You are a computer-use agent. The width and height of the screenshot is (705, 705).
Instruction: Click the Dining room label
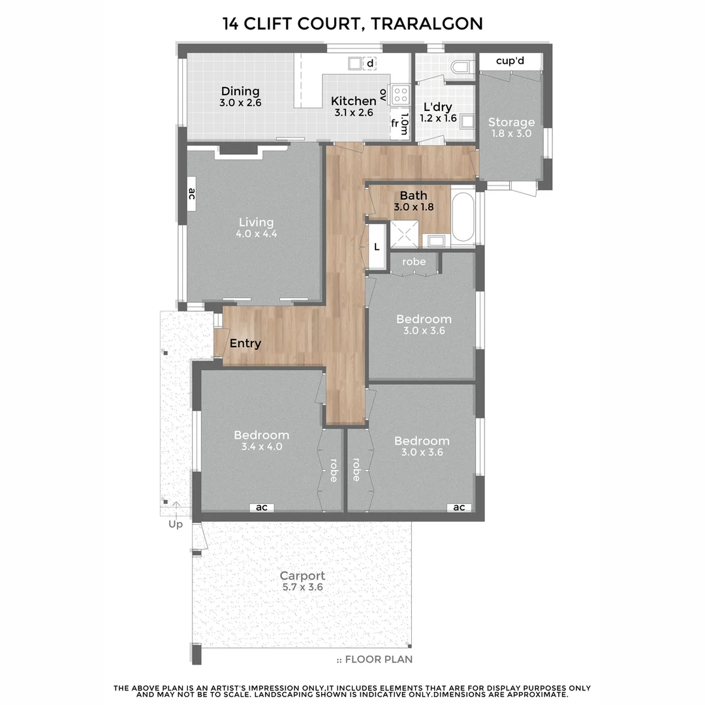pyautogui.click(x=240, y=91)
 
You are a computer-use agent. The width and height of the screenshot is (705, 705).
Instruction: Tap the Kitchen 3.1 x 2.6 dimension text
pyautogui.click(x=353, y=112)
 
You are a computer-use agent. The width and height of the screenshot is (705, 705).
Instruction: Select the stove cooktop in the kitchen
pyautogui.click(x=399, y=95)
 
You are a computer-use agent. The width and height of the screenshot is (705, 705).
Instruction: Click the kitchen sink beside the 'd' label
pyautogui.click(x=354, y=63)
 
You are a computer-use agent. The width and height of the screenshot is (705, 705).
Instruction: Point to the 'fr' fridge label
pyautogui.click(x=394, y=123)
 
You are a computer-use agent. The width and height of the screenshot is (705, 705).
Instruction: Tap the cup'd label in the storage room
pyautogui.click(x=510, y=61)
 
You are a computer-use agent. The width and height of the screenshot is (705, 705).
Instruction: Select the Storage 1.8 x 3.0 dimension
pyautogui.click(x=511, y=134)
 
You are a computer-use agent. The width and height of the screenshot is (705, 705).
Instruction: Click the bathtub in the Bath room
pyautogui.click(x=463, y=217)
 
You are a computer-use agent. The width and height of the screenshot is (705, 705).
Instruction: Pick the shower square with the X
pyautogui.click(x=404, y=234)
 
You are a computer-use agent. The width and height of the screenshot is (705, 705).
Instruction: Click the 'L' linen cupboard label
pyautogui.click(x=377, y=247)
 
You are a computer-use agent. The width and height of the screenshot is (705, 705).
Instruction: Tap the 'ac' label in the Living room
pyautogui.click(x=191, y=194)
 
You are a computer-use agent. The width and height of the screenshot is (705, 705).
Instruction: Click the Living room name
pyautogui.click(x=256, y=222)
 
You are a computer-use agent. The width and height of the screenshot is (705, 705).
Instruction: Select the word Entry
pyautogui.click(x=245, y=343)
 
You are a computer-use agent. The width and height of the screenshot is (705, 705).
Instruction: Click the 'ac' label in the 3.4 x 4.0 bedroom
pyautogui.click(x=262, y=507)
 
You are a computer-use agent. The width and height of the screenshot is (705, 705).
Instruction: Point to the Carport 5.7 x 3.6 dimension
pyautogui.click(x=303, y=587)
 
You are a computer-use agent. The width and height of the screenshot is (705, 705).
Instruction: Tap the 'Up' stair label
pyautogui.click(x=176, y=524)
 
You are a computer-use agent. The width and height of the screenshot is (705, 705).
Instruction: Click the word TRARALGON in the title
pyautogui.click(x=427, y=23)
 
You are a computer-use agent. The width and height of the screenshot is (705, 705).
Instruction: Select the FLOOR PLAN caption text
pyautogui.click(x=379, y=659)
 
